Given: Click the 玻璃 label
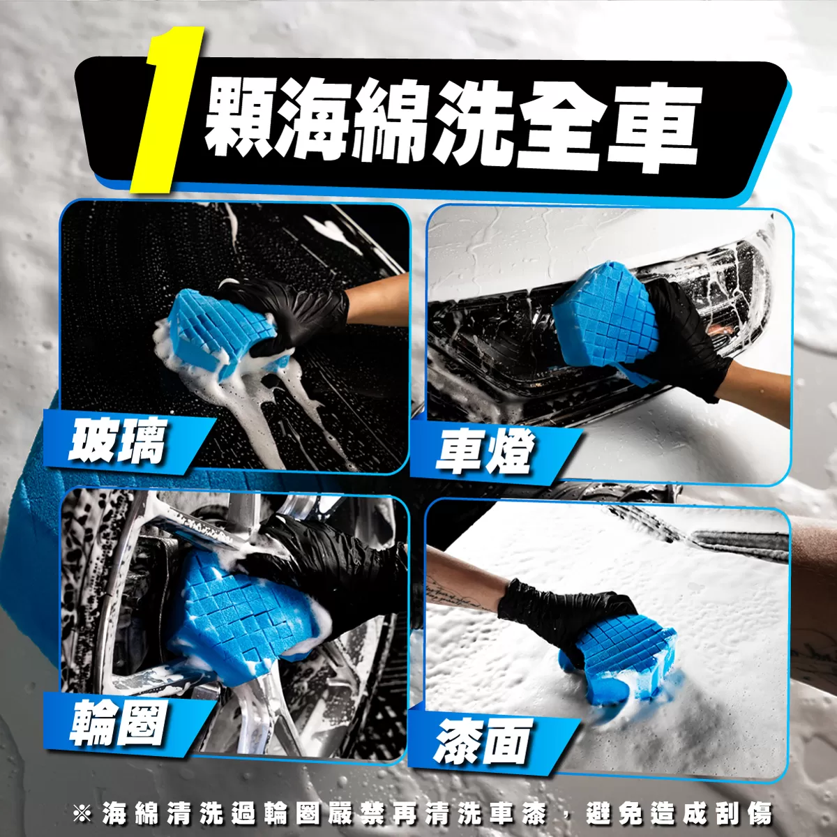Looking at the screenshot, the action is pyautogui.click(x=117, y=442).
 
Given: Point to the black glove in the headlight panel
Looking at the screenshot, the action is pyautogui.click(x=682, y=339).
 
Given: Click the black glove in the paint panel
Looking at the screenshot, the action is pyautogui.click(x=565, y=617).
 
